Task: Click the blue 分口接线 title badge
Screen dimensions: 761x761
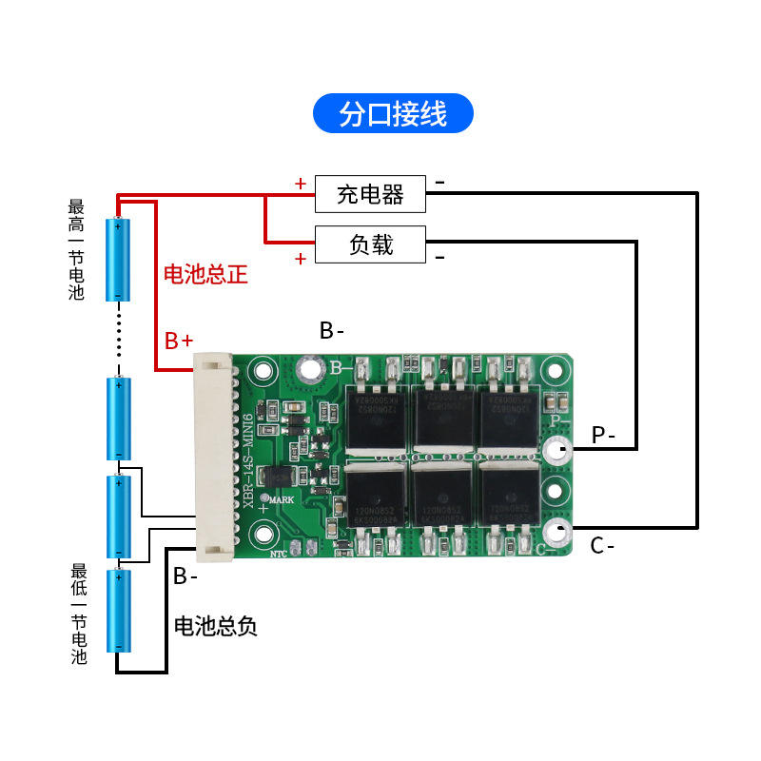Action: (393, 114)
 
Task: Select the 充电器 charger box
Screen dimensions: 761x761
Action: (370, 194)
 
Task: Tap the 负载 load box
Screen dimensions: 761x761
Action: (370, 244)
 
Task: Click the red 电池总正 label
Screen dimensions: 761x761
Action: (205, 275)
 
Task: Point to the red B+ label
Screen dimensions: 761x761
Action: (179, 341)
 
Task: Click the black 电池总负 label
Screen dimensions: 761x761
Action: (216, 626)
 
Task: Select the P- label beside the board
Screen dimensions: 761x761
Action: (603, 435)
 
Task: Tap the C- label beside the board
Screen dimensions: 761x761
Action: (602, 546)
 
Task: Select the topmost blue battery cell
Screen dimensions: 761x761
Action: (118, 259)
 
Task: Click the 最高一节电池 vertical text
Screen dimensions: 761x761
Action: (77, 249)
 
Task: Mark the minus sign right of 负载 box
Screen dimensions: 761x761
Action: (439, 258)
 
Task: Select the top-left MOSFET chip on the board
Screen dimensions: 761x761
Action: (375, 417)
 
